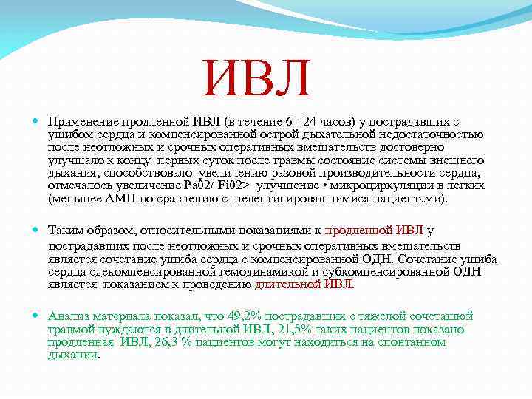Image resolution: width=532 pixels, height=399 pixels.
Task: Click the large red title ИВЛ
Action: (258, 80)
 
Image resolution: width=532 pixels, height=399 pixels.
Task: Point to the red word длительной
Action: (288, 284)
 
